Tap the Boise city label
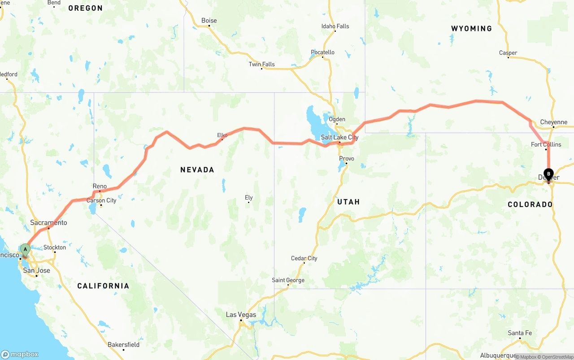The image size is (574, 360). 209,21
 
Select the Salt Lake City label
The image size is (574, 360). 339,137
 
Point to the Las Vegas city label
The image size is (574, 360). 241,315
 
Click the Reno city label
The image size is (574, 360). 100,186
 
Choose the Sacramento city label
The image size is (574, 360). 48,222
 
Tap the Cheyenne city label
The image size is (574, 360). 553,122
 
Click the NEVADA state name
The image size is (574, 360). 197,169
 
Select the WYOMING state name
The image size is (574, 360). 471,28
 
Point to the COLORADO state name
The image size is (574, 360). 530,204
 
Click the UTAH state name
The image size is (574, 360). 348,202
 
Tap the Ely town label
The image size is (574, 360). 249,198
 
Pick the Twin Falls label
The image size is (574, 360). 261,64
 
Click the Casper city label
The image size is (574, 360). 508,53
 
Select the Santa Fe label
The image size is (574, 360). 520,333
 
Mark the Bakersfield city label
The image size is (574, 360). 123,344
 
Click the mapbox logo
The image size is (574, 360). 20,354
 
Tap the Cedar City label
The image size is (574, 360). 304,258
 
